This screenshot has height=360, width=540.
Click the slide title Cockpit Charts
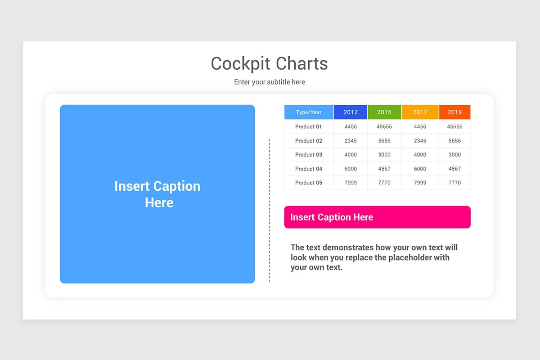[x=269, y=63]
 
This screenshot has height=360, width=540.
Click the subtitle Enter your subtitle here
[x=269, y=82]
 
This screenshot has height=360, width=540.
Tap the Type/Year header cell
[x=309, y=112]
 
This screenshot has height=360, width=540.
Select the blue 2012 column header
[x=351, y=112]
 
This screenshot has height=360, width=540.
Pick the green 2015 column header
[x=384, y=112]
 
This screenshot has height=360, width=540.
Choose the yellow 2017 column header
[x=420, y=112]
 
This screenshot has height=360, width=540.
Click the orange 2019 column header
[x=454, y=112]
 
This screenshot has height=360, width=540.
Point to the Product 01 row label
[x=309, y=126]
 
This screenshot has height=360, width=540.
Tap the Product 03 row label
[x=309, y=154]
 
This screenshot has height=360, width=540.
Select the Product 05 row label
[x=309, y=183]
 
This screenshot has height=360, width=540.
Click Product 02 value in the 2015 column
[x=384, y=141]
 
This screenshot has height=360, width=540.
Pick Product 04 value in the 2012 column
[x=351, y=169]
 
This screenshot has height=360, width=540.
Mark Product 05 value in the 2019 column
[x=454, y=183]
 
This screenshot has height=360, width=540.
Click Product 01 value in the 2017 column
[x=420, y=126]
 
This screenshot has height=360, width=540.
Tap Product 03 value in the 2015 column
[x=384, y=154]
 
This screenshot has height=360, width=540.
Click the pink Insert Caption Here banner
[x=377, y=217]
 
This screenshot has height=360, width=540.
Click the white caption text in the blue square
[x=157, y=194]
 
